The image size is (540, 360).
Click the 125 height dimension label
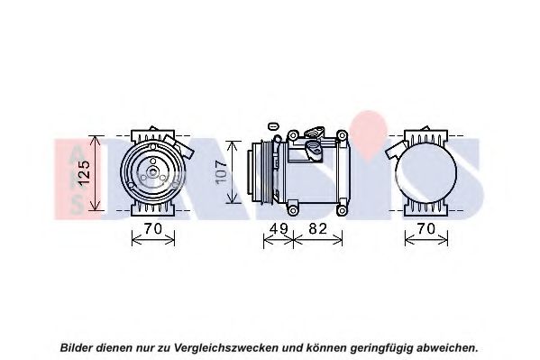(x=84, y=173)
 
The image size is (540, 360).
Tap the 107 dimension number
(x=221, y=172)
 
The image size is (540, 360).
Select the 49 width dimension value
(x=279, y=228)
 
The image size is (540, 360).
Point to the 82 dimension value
(x=317, y=228)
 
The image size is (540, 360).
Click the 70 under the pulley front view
(x=152, y=228)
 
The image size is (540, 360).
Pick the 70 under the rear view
(x=426, y=228)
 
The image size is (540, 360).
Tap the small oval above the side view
(x=273, y=126)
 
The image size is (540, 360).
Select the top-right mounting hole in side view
(x=342, y=135)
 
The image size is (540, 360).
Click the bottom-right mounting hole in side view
(x=342, y=209)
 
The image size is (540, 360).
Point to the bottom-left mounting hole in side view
(x=293, y=209)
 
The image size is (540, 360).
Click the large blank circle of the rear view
(x=426, y=172)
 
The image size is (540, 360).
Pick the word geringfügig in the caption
(x=381, y=348)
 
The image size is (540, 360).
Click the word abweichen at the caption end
(x=446, y=347)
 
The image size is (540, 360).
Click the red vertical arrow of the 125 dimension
(x=95, y=172)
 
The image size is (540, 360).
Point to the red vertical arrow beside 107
(x=233, y=172)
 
